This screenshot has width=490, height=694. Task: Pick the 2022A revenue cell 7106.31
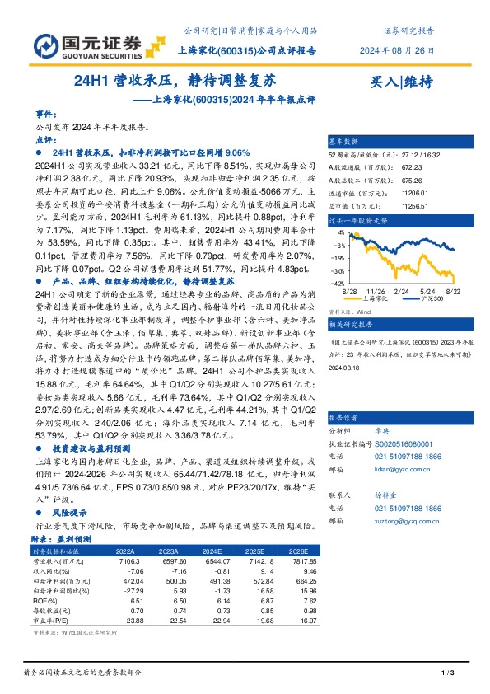[121, 560]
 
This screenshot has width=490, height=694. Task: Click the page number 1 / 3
[449, 674]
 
